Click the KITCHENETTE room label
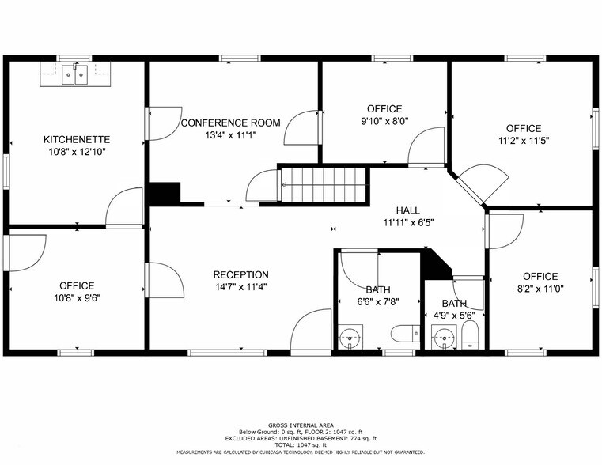tap(76, 139)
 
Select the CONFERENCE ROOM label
tap(230, 123)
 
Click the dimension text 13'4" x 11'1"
tap(230, 135)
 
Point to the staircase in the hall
tap(324, 185)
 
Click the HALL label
tap(408, 210)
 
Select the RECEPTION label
tap(240, 274)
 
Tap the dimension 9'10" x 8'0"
tap(384, 122)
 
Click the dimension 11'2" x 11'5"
tap(523, 141)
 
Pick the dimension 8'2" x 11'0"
tap(540, 289)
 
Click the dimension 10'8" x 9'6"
tap(76, 298)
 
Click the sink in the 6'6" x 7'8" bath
tap(350, 338)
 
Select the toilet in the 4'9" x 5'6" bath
tap(469, 334)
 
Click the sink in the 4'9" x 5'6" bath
tap(443, 338)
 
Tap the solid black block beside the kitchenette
tap(165, 194)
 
